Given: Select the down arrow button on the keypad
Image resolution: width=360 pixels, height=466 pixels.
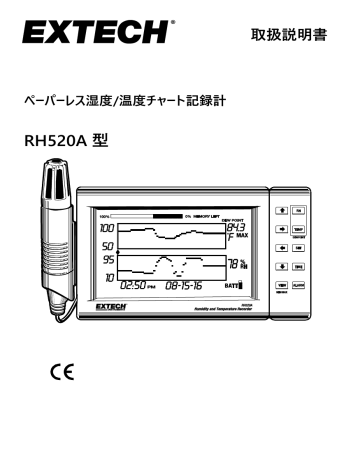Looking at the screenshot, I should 284,266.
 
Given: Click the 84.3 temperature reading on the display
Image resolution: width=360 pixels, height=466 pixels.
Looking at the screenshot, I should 237,229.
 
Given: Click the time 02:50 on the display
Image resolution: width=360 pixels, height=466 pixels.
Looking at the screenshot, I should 135,287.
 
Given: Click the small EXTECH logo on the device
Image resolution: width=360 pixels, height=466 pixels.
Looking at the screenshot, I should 111,309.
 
